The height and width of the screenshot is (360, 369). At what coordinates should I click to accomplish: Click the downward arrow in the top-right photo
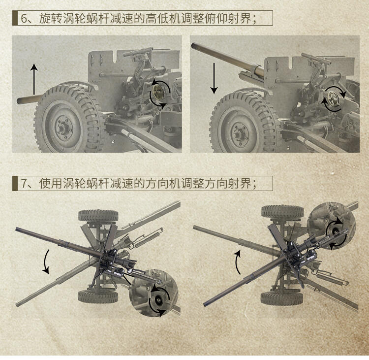[214, 78]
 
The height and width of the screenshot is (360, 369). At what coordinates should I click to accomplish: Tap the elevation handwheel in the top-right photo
[333, 99]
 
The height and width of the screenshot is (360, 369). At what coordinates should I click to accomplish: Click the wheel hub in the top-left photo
[63, 128]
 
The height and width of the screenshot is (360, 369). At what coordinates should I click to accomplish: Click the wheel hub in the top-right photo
[240, 134]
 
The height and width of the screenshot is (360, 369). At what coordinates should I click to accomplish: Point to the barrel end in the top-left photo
[19, 101]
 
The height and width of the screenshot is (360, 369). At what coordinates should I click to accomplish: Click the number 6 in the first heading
[24, 18]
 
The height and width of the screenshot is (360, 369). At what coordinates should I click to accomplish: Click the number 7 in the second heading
[24, 184]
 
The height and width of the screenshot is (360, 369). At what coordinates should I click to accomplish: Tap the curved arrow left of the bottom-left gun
[46, 262]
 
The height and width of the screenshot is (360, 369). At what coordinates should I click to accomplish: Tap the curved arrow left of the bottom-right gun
[237, 262]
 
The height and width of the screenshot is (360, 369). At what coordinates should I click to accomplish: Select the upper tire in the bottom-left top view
[98, 215]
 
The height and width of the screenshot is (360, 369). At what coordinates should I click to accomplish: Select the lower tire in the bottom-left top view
[98, 296]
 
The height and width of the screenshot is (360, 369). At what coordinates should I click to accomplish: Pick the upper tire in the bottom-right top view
[282, 211]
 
